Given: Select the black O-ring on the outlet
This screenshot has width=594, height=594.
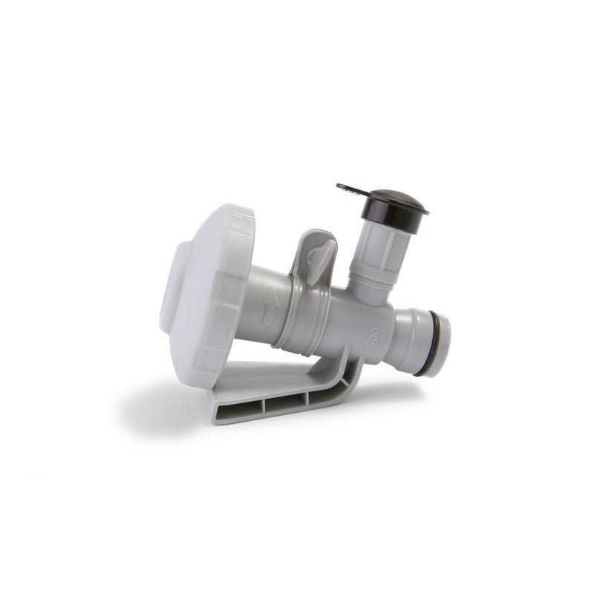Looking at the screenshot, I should [x=437, y=345].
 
